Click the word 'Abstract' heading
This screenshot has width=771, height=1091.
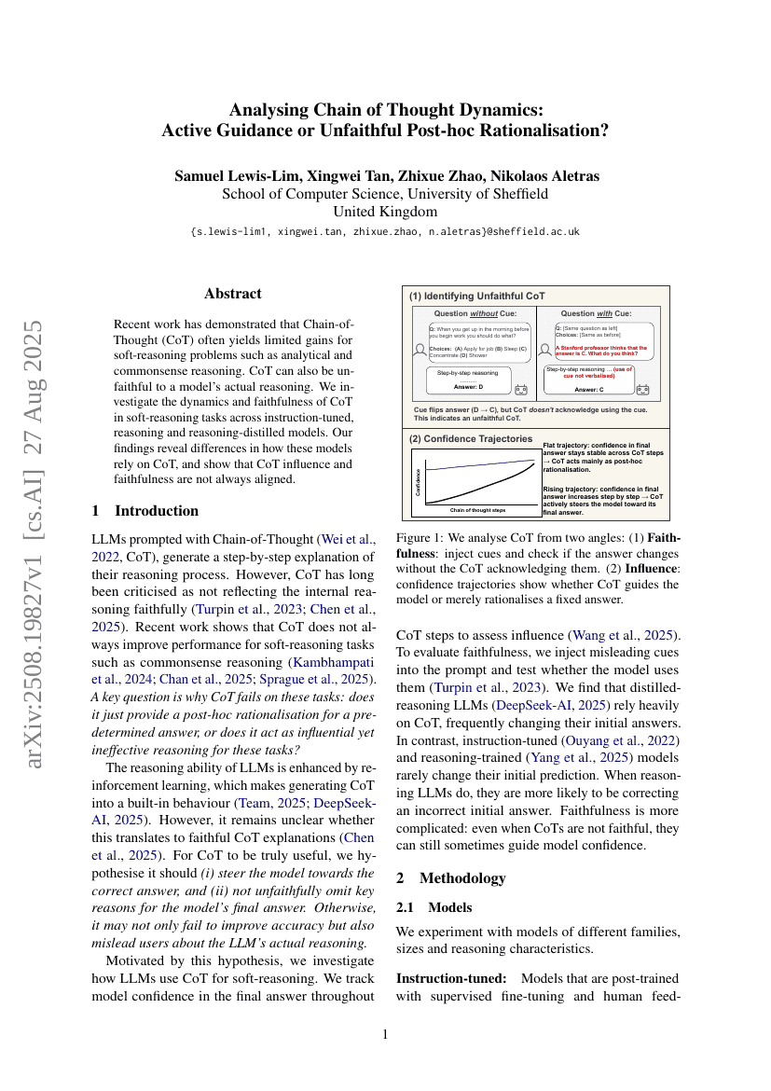(x=233, y=293)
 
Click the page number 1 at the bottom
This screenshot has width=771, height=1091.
(x=385, y=1033)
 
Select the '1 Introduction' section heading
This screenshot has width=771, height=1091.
(x=145, y=511)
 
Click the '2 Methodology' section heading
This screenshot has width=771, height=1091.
(x=451, y=877)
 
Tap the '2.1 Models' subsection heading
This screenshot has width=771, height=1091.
(x=434, y=907)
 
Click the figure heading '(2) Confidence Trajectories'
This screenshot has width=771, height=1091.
(x=471, y=438)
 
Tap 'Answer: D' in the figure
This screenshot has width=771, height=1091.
(x=468, y=385)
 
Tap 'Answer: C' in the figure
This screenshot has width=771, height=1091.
(x=589, y=389)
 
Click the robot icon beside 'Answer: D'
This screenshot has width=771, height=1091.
(x=520, y=389)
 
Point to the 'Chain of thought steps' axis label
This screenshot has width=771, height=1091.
(x=477, y=510)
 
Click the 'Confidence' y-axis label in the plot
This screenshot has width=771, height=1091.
(x=417, y=479)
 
